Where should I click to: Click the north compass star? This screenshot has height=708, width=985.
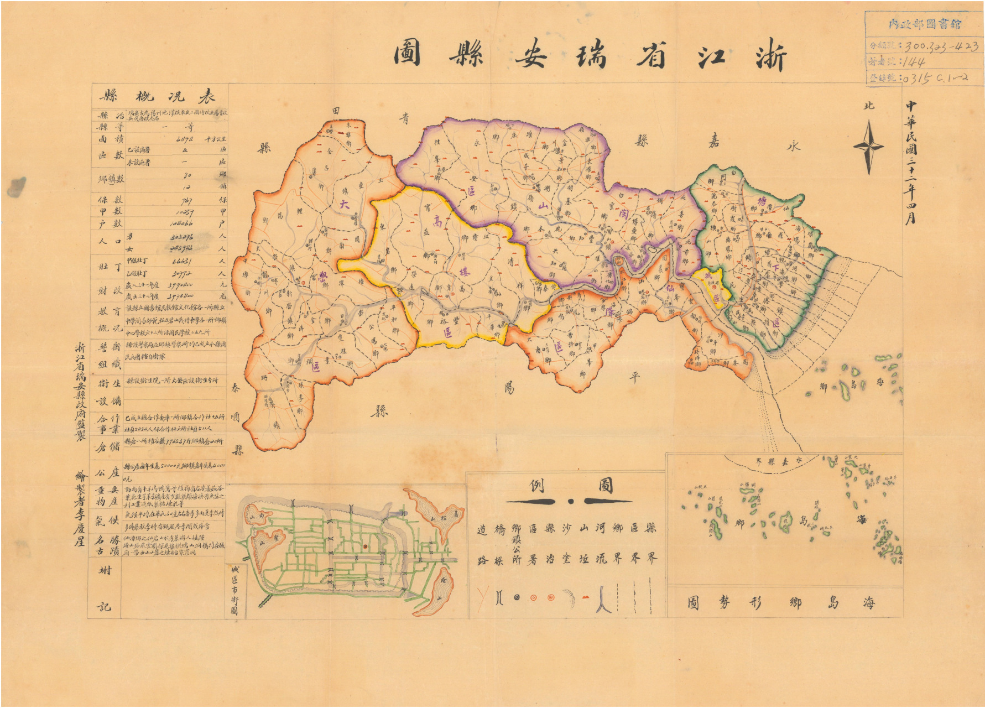pyautogui.click(x=868, y=147)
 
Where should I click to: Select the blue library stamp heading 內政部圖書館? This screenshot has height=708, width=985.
pyautogui.click(x=924, y=24)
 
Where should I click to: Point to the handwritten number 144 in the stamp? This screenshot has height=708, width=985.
pyautogui.click(x=913, y=62)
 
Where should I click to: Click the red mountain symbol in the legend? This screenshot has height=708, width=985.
pyautogui.click(x=585, y=597)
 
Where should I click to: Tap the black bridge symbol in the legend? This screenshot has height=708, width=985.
pyautogui.click(x=499, y=597)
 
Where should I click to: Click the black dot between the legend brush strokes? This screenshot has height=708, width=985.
pyautogui.click(x=571, y=502)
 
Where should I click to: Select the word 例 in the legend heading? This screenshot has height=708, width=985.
pyautogui.click(x=537, y=486)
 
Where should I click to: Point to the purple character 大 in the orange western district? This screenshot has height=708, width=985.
pyautogui.click(x=346, y=204)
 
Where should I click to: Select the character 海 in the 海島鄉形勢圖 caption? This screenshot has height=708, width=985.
pyautogui.click(x=869, y=602)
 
